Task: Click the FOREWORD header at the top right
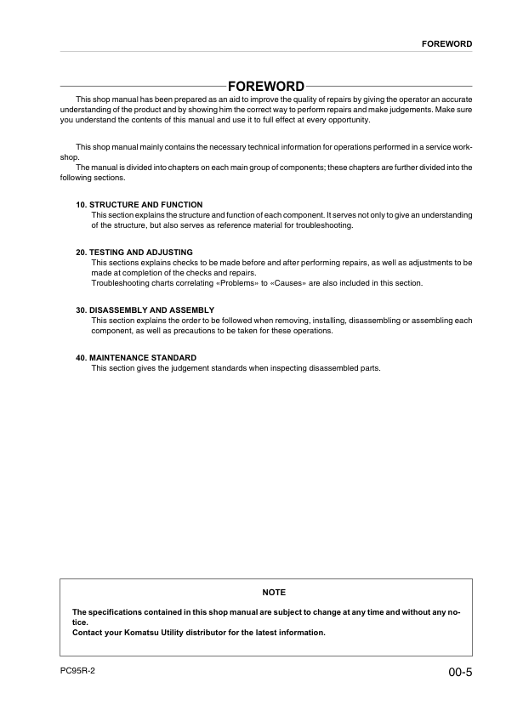pyautogui.click(x=446, y=43)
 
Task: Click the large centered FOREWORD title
pyautogui.click(x=265, y=88)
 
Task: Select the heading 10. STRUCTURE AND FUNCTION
pyautogui.click(x=139, y=205)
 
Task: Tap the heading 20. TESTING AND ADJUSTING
pyautogui.click(x=134, y=253)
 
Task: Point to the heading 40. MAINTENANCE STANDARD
pyautogui.click(x=136, y=358)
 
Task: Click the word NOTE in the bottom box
pyautogui.click(x=274, y=592)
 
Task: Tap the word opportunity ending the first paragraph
pyautogui.click(x=340, y=120)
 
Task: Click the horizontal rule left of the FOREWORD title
pyautogui.click(x=140, y=88)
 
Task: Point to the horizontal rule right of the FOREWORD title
pyautogui.click(x=389, y=88)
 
